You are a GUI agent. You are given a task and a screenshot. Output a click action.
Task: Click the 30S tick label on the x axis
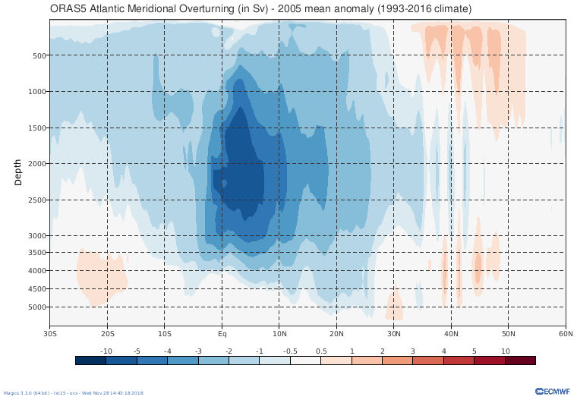[51, 333]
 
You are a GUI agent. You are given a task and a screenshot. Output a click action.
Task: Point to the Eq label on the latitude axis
[222, 333]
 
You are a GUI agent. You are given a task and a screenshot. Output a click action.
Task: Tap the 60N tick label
[566, 333]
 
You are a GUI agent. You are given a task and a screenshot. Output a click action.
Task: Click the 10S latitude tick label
[165, 333]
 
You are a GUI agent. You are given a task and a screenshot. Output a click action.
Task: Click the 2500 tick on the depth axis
[36, 200]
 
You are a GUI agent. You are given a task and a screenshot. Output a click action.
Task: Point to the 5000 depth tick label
[36, 307]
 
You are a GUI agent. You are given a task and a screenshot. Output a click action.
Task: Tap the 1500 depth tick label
[36, 128]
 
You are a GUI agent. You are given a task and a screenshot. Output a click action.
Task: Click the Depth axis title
[18, 172]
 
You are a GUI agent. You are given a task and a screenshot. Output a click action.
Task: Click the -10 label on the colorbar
[106, 351]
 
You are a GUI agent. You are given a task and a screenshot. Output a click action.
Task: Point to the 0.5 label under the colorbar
[321, 351]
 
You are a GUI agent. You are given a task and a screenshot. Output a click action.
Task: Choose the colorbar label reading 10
[505, 351]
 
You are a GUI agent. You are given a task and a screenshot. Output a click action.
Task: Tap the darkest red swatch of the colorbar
[520, 361]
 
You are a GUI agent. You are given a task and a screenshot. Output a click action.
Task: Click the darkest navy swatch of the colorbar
[91, 361]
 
